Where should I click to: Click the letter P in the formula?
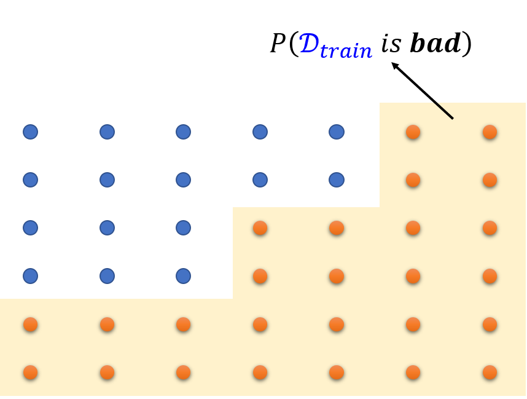[x=279, y=44]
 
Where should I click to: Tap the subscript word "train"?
[x=345, y=51]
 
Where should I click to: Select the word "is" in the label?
[x=391, y=44]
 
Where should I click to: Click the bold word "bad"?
[x=435, y=44]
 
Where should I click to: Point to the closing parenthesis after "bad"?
[x=467, y=45]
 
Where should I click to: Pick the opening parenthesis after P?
[x=293, y=45]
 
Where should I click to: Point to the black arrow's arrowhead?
[x=394, y=65]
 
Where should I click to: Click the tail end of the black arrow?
[x=452, y=117]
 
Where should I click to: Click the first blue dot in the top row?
[x=30, y=132]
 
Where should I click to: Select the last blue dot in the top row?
[x=336, y=132]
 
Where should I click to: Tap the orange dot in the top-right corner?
[x=490, y=132]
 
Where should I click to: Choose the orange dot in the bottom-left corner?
[x=30, y=372]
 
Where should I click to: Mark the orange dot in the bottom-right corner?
[x=490, y=372]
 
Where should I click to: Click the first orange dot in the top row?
[x=413, y=132]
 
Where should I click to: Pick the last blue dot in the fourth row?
[x=183, y=276]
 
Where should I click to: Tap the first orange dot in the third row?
[x=260, y=228]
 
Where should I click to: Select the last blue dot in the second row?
[x=336, y=180]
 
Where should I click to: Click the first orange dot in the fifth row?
[x=30, y=324]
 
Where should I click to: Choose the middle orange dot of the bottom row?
[x=260, y=372]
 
